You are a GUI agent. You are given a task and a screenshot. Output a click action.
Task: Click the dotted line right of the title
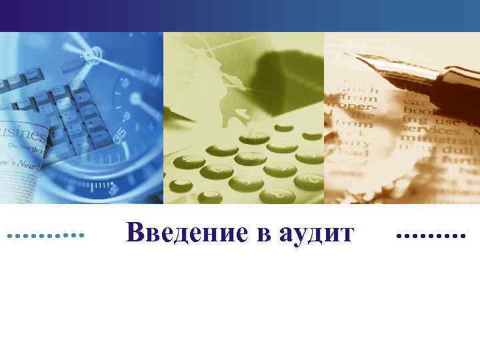[x=431, y=235]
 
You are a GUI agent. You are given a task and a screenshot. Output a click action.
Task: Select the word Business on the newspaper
[x=23, y=129]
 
